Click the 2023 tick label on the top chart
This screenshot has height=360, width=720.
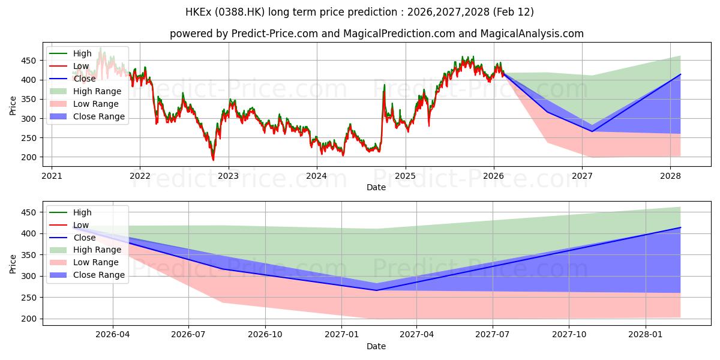pos(228,176)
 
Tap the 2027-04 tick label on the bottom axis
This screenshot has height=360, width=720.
pos(416,335)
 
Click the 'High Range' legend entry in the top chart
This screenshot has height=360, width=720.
pos(97,92)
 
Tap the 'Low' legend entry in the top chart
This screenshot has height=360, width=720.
pos(81,67)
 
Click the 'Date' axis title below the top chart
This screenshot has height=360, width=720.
pos(376,187)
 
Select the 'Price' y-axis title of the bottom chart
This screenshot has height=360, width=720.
pos(13,264)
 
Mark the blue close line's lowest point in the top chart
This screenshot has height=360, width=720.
pos(592,131)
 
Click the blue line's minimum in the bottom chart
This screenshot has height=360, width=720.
pos(377,290)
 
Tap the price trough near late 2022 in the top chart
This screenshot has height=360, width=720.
pos(213,160)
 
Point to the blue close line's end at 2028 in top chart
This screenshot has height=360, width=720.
pos(680,74)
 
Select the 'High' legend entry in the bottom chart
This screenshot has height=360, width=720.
pos(82,212)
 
